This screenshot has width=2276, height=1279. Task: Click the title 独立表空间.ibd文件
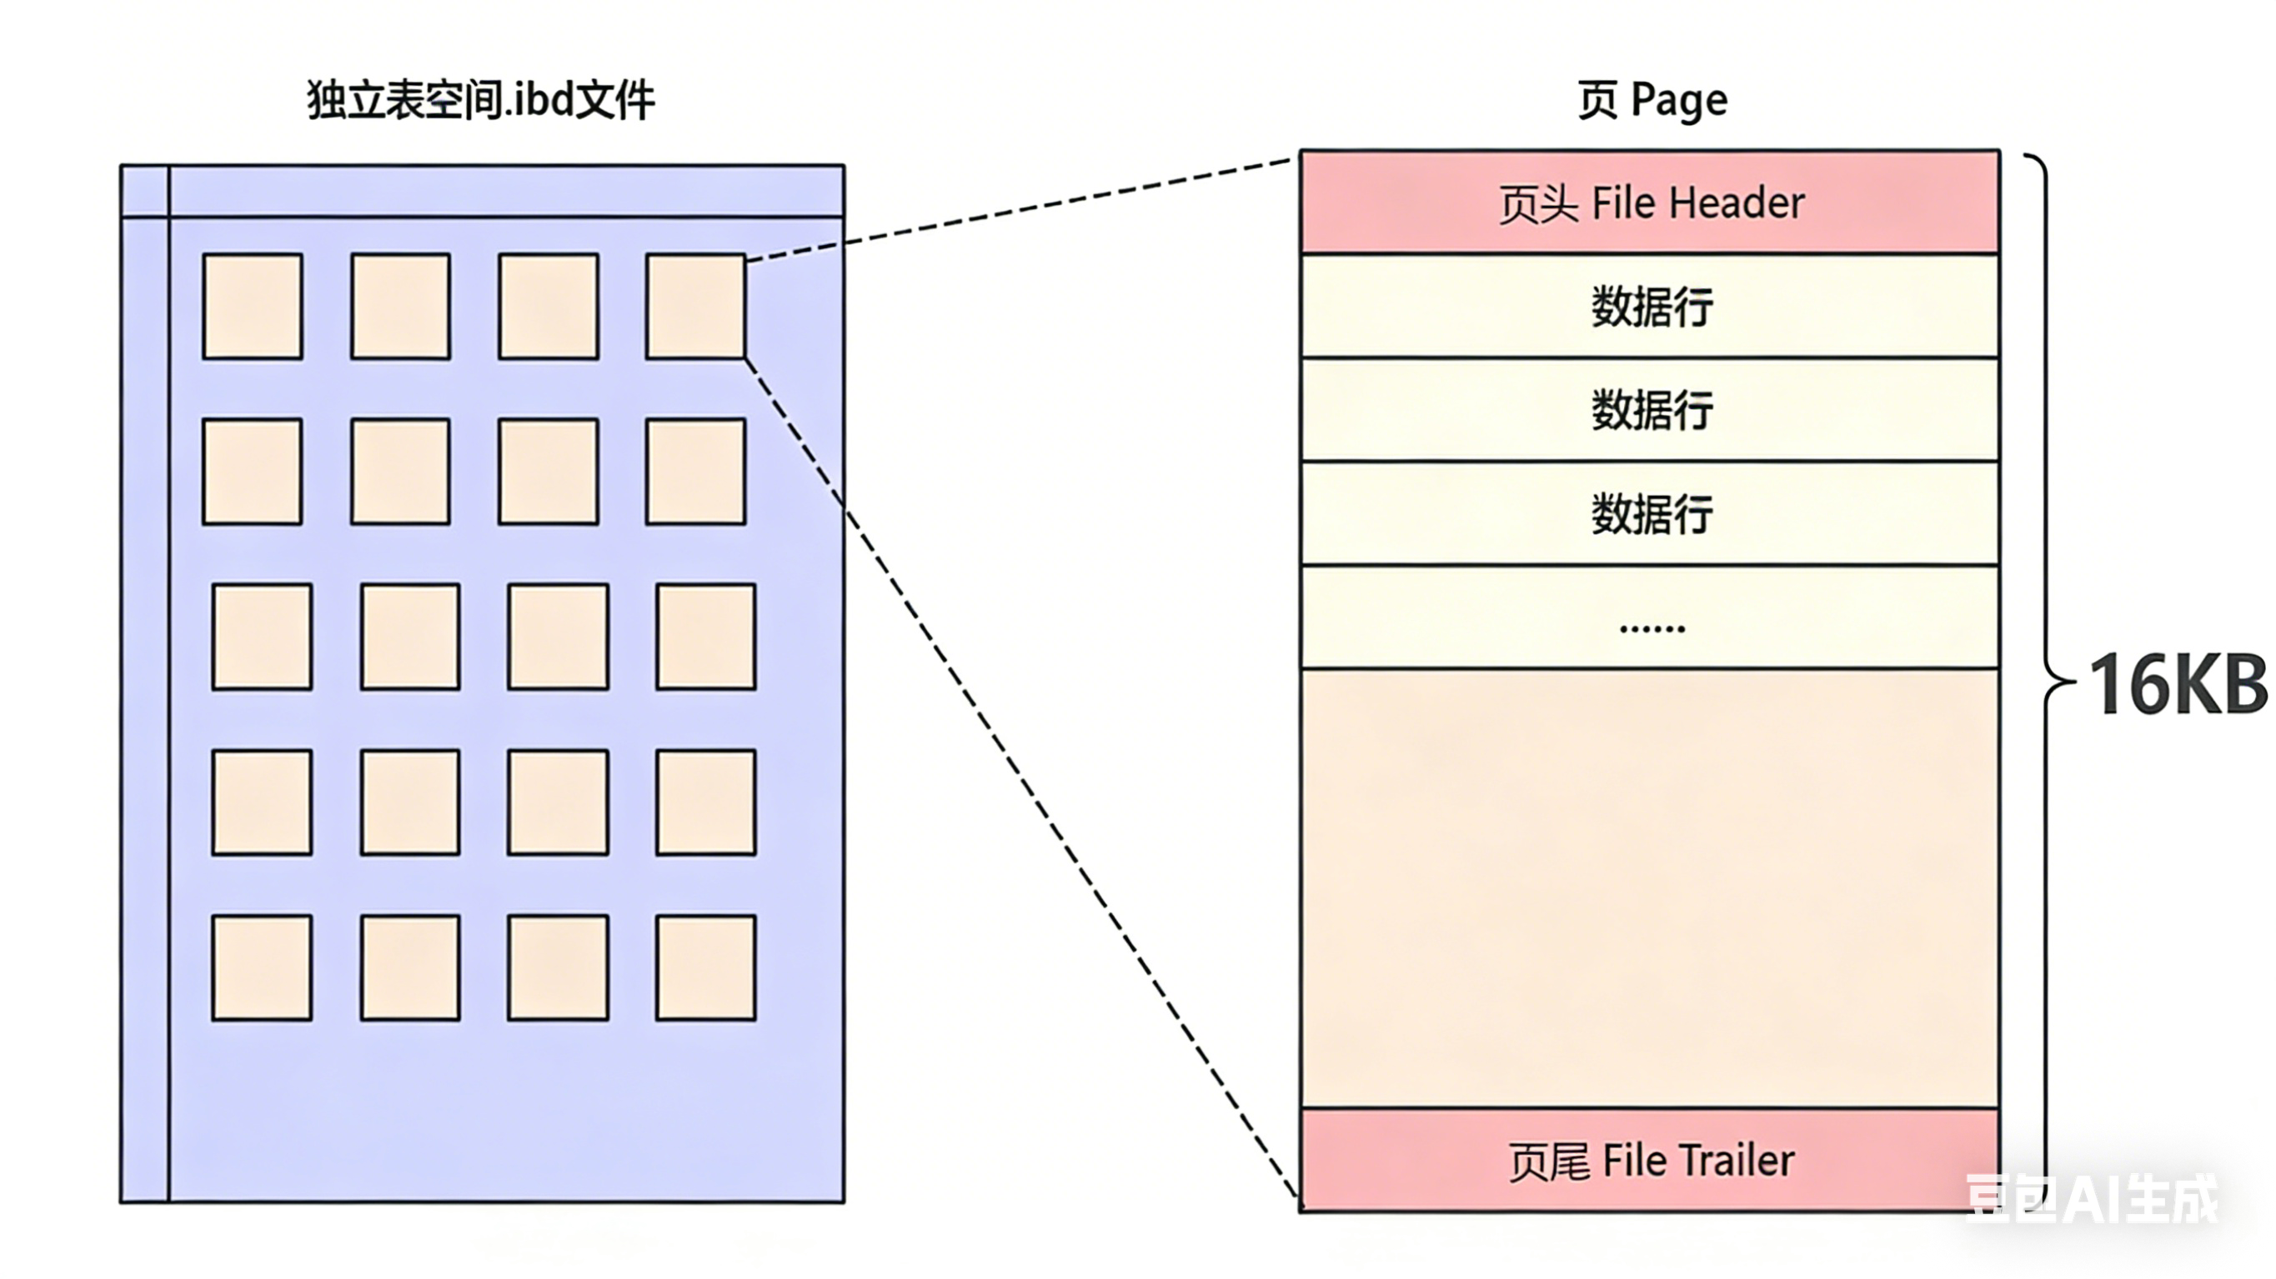coord(481,100)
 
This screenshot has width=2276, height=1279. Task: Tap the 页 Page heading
coord(1652,100)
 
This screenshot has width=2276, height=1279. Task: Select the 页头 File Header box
coord(1650,202)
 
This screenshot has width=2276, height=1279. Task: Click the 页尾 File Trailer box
coord(1650,1160)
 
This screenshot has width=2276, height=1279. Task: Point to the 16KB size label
coord(2177,685)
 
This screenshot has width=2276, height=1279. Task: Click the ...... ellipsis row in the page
coord(1650,618)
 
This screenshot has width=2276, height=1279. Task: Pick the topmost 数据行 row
coord(1650,307)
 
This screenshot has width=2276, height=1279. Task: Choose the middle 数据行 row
coord(1650,410)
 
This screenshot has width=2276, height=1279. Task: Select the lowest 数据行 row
coord(1650,513)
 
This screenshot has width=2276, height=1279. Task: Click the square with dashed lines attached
coord(695,307)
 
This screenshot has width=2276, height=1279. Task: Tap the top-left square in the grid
coord(253,307)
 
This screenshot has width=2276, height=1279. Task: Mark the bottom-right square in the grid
coord(705,967)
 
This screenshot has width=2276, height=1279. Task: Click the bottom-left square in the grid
coord(262,967)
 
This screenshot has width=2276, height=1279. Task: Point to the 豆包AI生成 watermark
coord(2092,1199)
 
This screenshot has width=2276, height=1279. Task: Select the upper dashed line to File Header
coord(1016,208)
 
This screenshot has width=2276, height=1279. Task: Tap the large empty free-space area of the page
coord(1650,887)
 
